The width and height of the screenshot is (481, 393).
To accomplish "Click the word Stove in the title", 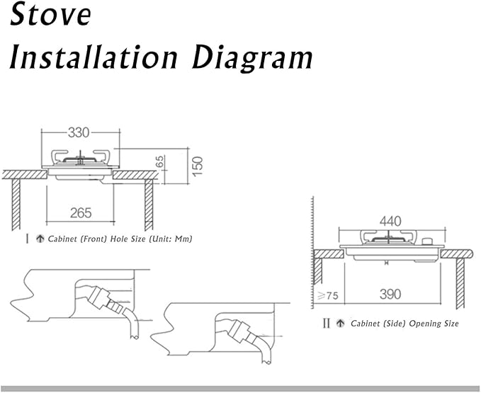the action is [50, 15].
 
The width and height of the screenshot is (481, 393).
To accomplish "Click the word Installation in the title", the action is [94, 57].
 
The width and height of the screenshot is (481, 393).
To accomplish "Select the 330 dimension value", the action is [79, 132].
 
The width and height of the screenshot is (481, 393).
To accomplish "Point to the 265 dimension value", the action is [81, 212].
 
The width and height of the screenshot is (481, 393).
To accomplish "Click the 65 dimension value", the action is [160, 161].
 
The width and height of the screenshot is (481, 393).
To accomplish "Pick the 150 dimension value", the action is [198, 166].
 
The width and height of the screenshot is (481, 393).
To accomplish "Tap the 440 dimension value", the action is [390, 221].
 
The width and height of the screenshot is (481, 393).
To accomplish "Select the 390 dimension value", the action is [390, 295].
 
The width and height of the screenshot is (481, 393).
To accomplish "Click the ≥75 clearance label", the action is [328, 295].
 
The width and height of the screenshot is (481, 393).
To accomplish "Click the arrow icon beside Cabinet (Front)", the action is [40, 239].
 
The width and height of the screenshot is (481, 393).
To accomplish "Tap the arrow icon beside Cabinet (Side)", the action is [340, 323].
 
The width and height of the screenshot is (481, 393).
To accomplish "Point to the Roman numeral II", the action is [327, 323].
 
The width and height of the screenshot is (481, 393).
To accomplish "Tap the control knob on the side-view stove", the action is [427, 241].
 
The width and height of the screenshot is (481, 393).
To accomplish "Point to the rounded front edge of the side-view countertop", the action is [470, 254].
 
